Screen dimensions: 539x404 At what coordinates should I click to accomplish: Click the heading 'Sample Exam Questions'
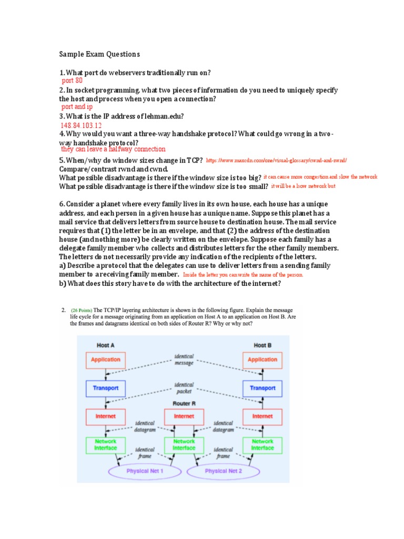click(x=99, y=54)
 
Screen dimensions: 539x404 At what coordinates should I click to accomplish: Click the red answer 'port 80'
click(x=72, y=81)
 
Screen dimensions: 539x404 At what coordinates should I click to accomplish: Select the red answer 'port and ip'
click(x=77, y=107)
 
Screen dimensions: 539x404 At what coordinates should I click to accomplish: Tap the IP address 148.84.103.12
click(x=81, y=125)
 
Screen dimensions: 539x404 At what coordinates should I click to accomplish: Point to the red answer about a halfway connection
click(x=113, y=149)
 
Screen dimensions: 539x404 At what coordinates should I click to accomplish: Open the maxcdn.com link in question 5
click(x=277, y=160)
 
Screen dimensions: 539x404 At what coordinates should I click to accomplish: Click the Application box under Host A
click(x=106, y=360)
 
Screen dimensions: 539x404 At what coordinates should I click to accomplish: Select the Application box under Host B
click(x=262, y=360)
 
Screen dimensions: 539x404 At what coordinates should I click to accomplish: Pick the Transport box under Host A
click(x=106, y=388)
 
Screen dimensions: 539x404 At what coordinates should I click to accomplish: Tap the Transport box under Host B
click(x=262, y=388)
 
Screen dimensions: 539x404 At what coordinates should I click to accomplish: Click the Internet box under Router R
click(x=184, y=416)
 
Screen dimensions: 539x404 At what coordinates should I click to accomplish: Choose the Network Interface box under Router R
click(x=184, y=445)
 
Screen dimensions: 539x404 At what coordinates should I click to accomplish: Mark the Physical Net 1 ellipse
click(x=145, y=471)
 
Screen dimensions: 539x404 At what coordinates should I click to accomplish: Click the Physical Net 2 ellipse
click(x=224, y=471)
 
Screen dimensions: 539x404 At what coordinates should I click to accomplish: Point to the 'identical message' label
click(x=184, y=360)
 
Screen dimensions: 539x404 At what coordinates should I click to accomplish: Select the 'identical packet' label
click(x=184, y=388)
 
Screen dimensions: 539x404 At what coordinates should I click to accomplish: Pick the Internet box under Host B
click(x=262, y=416)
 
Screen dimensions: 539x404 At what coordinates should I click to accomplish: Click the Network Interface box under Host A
click(x=106, y=445)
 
